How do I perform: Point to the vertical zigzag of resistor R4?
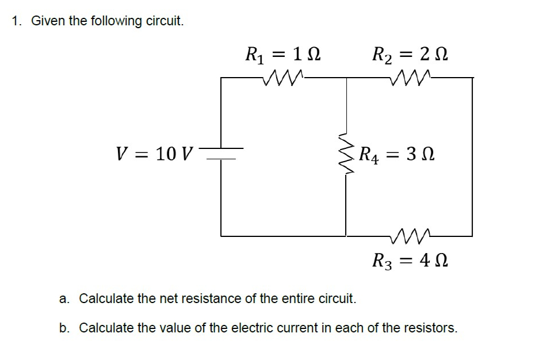tap(346, 154)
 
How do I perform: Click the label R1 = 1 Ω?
tap(282, 56)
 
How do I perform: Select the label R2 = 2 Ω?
tap(410, 56)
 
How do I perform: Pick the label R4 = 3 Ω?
tap(397, 154)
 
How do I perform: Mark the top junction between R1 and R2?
tap(346, 77)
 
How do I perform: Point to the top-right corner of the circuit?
tap(472, 77)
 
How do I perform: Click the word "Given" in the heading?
tap(44, 21)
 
